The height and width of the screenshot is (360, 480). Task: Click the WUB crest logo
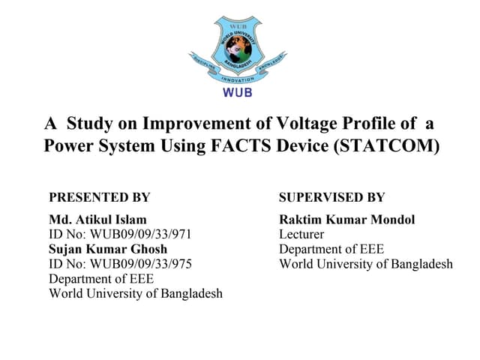[237, 49]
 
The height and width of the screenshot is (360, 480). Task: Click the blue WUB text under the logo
[238, 94]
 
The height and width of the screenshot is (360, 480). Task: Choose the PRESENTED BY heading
[99, 198]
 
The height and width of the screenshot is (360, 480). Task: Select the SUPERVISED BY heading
[331, 198]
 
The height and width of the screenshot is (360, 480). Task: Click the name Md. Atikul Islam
[92, 220]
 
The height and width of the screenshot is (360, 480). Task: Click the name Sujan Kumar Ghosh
[108, 249]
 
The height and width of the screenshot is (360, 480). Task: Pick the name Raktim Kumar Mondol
[346, 220]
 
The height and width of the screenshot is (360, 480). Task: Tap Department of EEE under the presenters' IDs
[101, 278]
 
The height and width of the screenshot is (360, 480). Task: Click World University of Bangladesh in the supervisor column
[366, 264]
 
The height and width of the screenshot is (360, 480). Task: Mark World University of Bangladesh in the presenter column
[136, 293]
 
